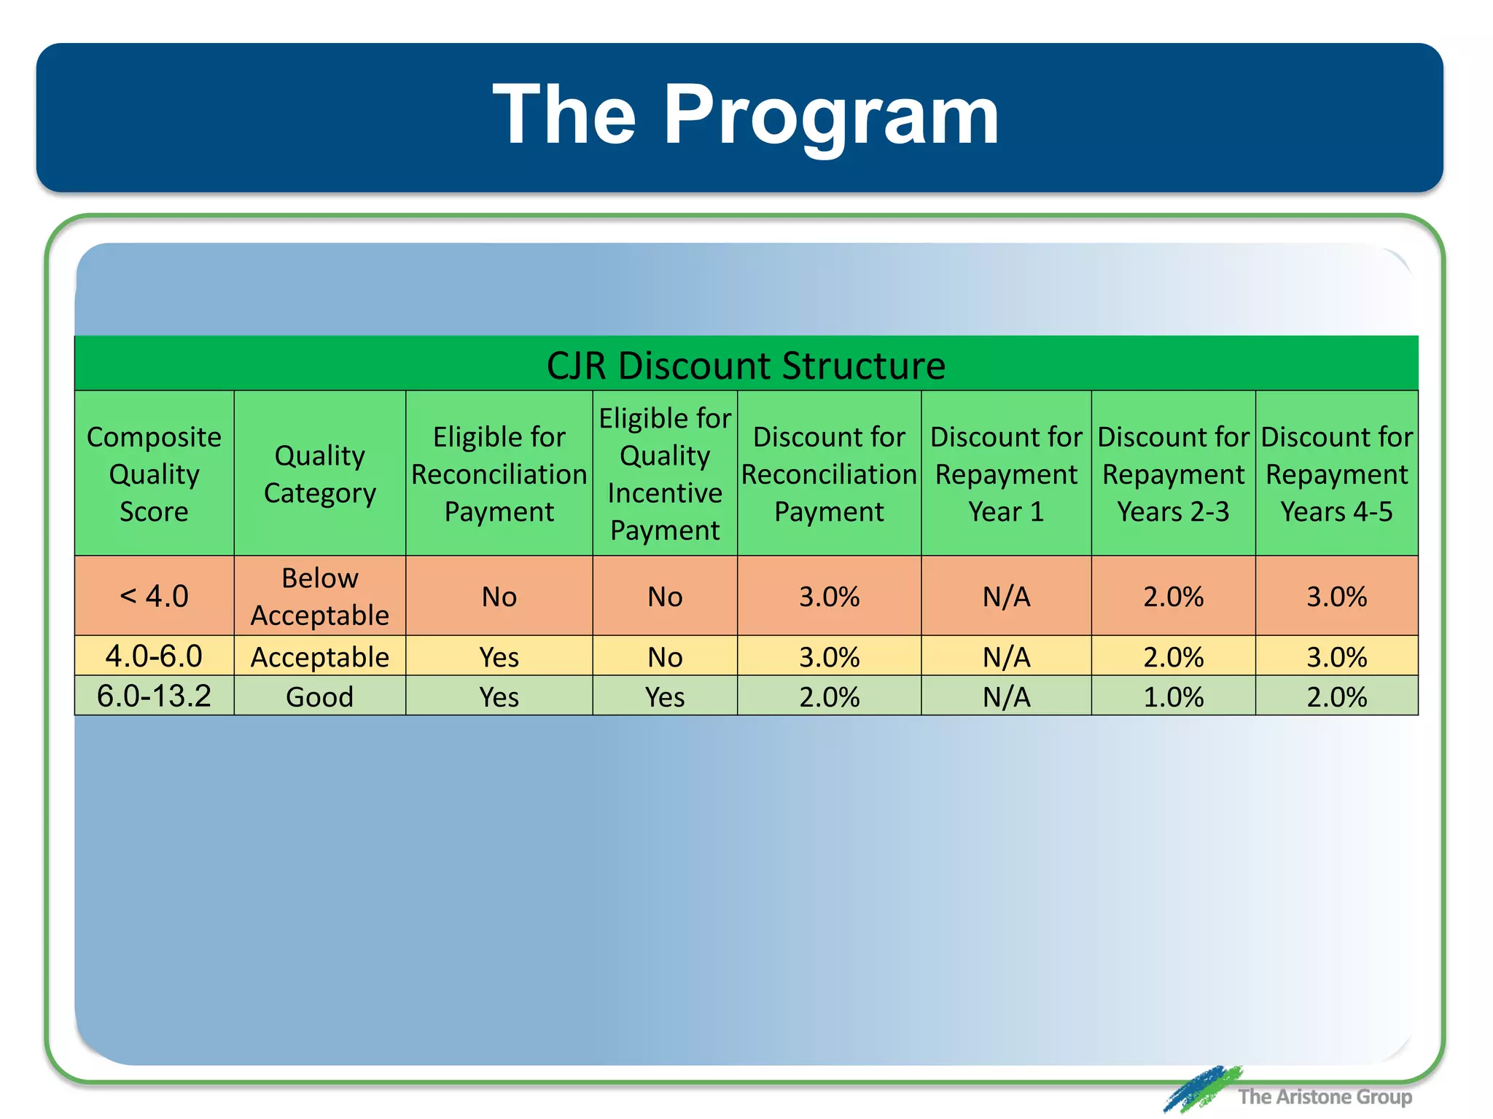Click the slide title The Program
745,115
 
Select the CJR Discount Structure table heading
746,365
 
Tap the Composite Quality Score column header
154,474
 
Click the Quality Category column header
319,474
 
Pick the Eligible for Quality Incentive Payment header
665,474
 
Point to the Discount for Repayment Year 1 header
1006,474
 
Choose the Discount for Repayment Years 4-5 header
1336,474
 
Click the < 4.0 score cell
154,596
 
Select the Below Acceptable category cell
319,596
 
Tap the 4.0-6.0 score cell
154,656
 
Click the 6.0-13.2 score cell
154,696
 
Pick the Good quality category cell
319,696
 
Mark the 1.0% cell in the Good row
1173,696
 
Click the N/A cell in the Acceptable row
1006,656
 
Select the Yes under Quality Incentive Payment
665,696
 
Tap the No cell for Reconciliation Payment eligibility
499,597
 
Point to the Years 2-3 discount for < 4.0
1173,597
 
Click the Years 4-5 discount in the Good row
1336,696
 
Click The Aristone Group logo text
1324,1096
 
